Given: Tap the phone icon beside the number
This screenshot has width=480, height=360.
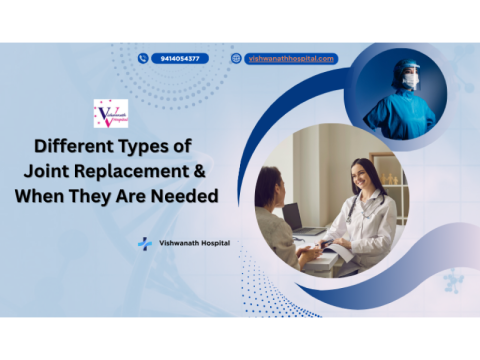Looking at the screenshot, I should (143, 58).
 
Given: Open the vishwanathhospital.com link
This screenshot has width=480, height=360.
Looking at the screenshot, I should (289, 58).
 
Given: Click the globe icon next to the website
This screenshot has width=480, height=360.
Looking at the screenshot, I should (236, 58).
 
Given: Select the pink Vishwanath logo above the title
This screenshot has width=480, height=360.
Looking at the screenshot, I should (110, 113).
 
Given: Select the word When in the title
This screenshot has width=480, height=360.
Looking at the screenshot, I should (40, 196).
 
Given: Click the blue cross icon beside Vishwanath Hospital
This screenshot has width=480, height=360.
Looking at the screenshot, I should (145, 243).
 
